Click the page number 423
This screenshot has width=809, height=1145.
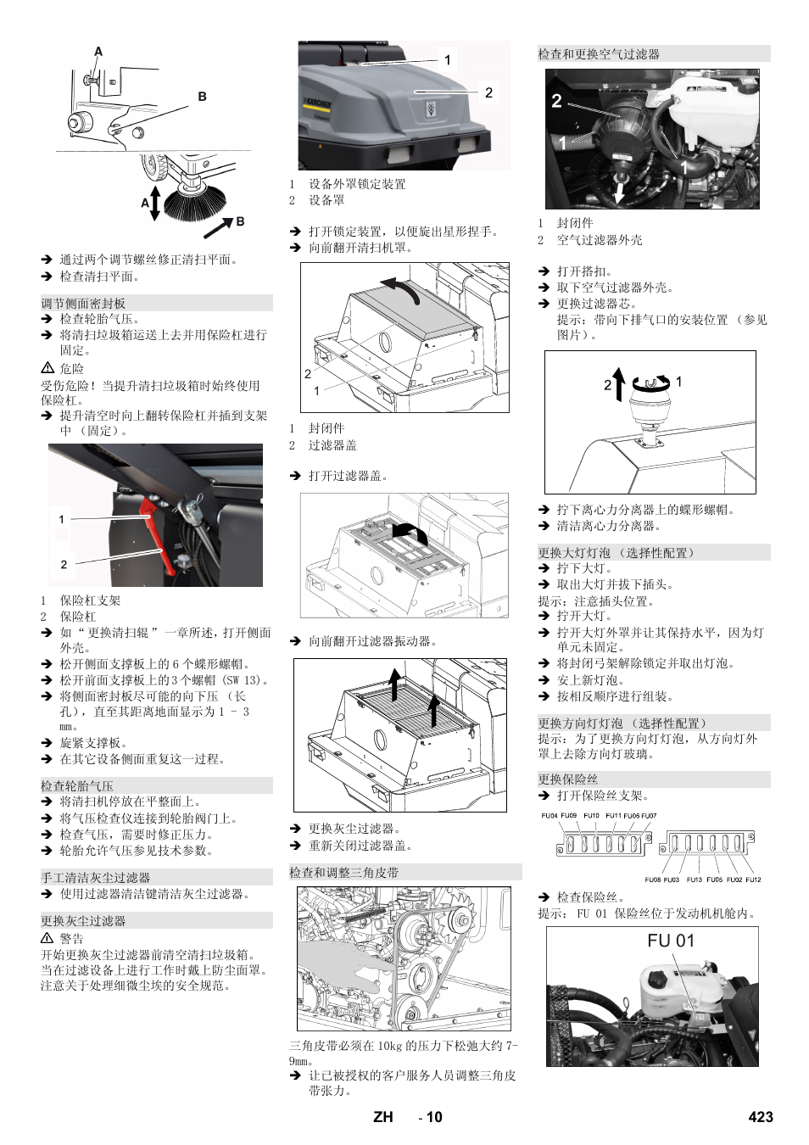tap(760, 1117)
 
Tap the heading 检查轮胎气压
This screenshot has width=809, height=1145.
tap(77, 786)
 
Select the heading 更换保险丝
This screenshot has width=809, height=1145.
tap(568, 779)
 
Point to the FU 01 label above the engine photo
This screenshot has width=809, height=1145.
tap(670, 941)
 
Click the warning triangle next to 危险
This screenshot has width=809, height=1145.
tap(47, 368)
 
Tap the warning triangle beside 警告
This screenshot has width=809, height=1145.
tap(47, 938)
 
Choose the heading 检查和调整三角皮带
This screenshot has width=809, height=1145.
tap(343, 872)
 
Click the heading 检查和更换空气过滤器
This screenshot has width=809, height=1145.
tap(599, 54)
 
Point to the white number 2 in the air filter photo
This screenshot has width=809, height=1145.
tap(556, 101)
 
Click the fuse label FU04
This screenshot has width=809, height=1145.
tap(550, 816)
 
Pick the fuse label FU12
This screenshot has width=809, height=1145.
tap(753, 880)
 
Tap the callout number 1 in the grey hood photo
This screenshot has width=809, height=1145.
tap(448, 60)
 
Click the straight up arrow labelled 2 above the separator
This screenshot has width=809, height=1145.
tap(619, 384)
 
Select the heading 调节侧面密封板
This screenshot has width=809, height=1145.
tap(83, 303)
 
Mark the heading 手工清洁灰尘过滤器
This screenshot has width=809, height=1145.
tap(95, 878)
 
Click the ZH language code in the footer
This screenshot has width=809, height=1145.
tap(382, 1117)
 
